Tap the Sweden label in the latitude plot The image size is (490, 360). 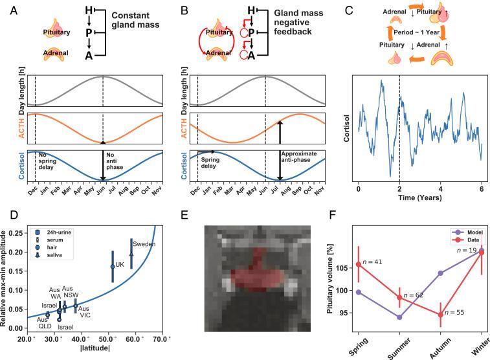(141, 244)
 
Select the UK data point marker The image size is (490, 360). (113, 266)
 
